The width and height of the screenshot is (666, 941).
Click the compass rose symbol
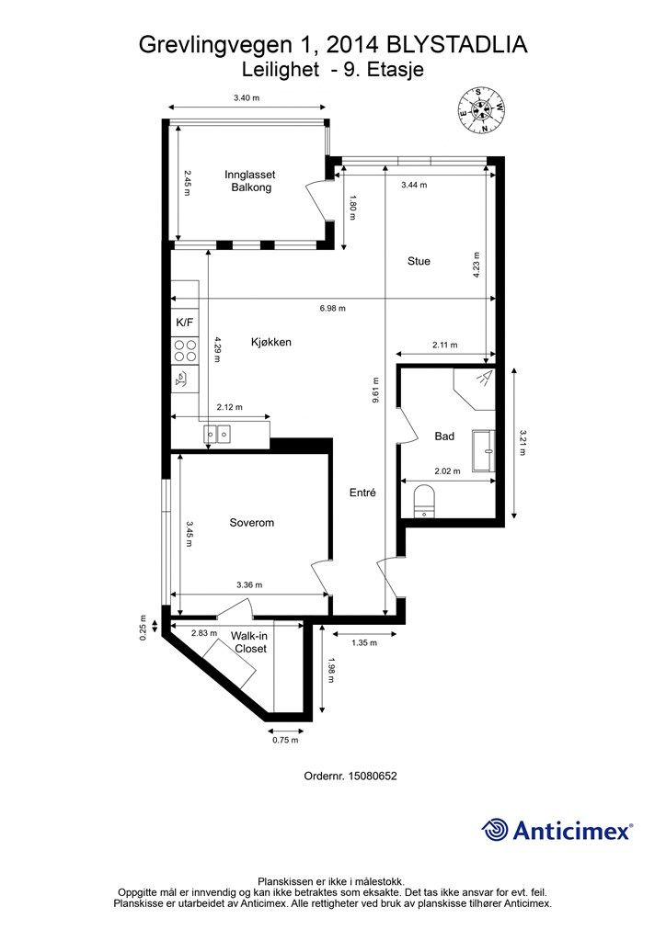coord(481,110)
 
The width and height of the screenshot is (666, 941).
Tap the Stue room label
coord(419,261)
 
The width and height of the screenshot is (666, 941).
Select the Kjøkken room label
coord(270,342)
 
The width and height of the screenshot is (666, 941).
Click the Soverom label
coord(252,523)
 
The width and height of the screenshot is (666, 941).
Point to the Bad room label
coord(444,436)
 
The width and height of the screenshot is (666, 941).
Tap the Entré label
coord(362,493)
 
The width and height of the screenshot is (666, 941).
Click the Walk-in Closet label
coord(250,642)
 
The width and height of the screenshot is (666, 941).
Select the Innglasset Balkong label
coord(250,181)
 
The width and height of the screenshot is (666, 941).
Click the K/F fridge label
coord(184,323)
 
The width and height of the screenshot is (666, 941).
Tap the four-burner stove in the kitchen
coord(185,350)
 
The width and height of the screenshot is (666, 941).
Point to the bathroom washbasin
coord(484,449)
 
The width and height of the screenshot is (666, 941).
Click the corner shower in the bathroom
coord(475,390)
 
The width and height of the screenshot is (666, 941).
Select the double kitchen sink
coord(217,433)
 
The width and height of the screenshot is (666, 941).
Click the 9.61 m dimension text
coord(375,390)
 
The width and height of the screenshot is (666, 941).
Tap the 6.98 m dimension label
coord(333,309)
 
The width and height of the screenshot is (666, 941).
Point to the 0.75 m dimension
coord(285,740)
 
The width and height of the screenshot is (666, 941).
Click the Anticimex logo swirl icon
coord(495,831)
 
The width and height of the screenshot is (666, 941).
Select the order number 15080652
coord(368,776)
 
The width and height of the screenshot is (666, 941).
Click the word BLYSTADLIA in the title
coord(456,45)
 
